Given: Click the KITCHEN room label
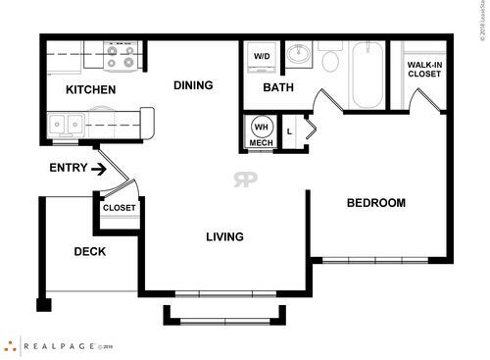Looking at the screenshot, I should [x=90, y=90].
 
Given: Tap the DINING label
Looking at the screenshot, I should [x=193, y=85].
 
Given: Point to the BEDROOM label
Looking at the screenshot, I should [x=376, y=203].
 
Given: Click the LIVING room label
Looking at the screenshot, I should [x=224, y=236].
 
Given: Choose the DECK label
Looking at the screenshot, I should [x=90, y=251].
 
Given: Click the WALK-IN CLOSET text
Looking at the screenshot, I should [x=425, y=71].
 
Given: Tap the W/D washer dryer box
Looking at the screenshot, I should [x=262, y=56].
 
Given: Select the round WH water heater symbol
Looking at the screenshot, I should [x=261, y=127].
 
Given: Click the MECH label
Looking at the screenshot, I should [x=261, y=143].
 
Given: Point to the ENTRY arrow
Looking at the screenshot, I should [x=99, y=169].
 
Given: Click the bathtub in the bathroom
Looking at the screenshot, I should [x=367, y=75].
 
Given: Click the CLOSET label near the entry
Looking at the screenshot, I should [x=120, y=208].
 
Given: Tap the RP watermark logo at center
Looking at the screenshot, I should [x=244, y=180].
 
